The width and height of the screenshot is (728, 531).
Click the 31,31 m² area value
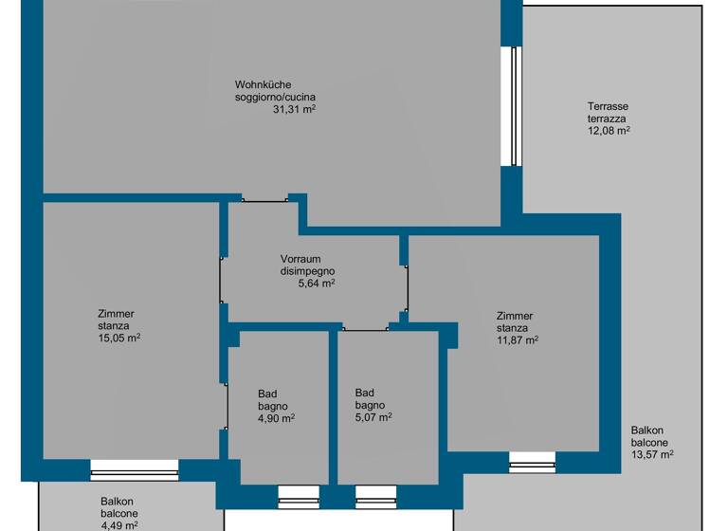[294, 110]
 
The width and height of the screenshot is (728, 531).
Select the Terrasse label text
[608, 107]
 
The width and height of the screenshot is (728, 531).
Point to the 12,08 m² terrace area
[610, 131]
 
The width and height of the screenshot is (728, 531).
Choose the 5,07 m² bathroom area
[373, 416]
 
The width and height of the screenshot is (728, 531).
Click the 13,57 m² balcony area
[652, 454]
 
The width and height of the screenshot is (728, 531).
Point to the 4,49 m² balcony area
[119, 524]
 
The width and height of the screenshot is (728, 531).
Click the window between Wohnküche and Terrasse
[512, 105]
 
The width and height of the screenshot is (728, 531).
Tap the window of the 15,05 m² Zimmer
[135, 469]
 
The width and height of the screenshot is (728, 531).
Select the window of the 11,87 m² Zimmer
[532, 462]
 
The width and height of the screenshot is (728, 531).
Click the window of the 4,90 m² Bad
[298, 496]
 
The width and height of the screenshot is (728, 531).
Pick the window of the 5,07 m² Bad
[376, 496]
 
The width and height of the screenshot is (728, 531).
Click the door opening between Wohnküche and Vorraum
[264, 199]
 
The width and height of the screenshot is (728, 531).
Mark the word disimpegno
[308, 271]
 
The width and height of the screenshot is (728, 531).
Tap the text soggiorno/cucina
[276, 98]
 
